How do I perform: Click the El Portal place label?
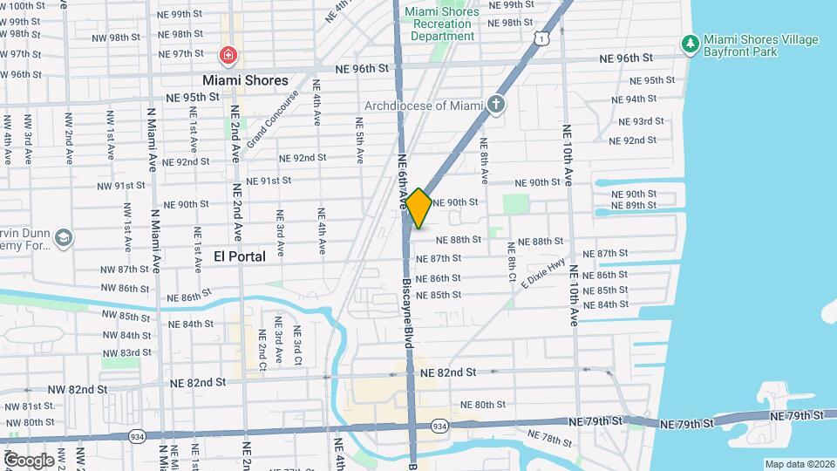coord(240,256)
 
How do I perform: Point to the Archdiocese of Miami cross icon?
coord(496,106)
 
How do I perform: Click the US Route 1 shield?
coord(543,38)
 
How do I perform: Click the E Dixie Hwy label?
coord(544,275)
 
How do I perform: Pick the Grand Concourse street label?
coord(272,119)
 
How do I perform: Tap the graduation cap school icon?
coord(63,237)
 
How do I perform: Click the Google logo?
coord(29,460)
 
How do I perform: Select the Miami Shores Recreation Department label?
coord(442,24)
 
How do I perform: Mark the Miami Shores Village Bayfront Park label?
coord(761,46)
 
